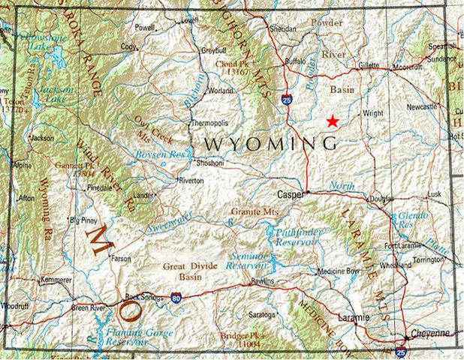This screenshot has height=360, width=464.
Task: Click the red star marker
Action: (333, 121)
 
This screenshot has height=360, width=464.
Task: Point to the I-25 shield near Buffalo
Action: (288, 98)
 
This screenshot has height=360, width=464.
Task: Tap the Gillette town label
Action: (367, 66)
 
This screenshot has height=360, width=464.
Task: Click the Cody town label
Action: (129, 46)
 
